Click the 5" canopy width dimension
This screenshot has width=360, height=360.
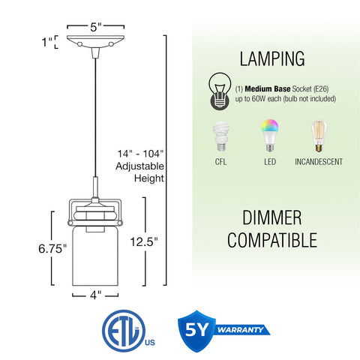(95, 25)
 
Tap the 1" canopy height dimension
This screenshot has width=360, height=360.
(47, 43)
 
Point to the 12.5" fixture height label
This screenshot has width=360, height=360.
(144, 241)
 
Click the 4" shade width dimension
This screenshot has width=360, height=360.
(95, 295)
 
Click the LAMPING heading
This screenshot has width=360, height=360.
(272, 59)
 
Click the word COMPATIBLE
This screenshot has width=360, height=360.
(272, 241)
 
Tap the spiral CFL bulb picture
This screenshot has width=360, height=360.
(220, 137)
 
